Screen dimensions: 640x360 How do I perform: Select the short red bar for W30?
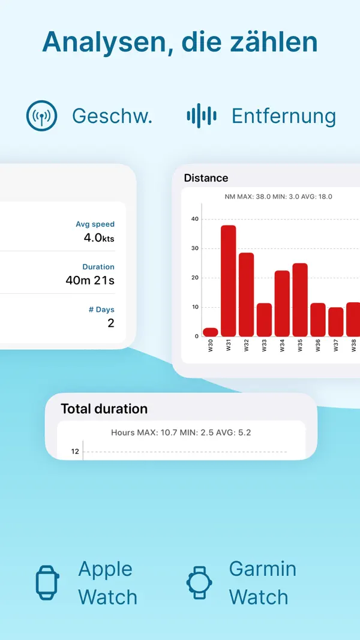click(x=210, y=332)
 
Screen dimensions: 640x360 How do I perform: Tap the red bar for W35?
click(x=300, y=299)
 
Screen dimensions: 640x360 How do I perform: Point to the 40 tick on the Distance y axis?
click(x=194, y=219)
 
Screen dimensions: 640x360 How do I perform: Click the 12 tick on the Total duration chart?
click(x=75, y=451)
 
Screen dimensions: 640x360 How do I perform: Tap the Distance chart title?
click(x=206, y=178)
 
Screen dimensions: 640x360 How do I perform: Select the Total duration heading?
click(x=104, y=409)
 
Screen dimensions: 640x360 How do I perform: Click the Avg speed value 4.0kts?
click(x=98, y=238)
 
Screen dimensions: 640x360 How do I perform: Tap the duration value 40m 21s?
click(x=90, y=280)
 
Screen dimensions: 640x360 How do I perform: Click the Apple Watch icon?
click(x=48, y=582)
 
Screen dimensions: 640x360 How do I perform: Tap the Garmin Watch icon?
click(x=199, y=582)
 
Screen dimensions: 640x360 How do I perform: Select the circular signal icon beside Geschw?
click(x=41, y=116)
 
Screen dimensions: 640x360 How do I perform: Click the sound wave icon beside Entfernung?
click(x=201, y=116)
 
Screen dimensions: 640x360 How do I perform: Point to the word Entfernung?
click(x=283, y=116)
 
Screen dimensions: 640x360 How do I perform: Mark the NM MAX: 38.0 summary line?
click(x=278, y=197)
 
